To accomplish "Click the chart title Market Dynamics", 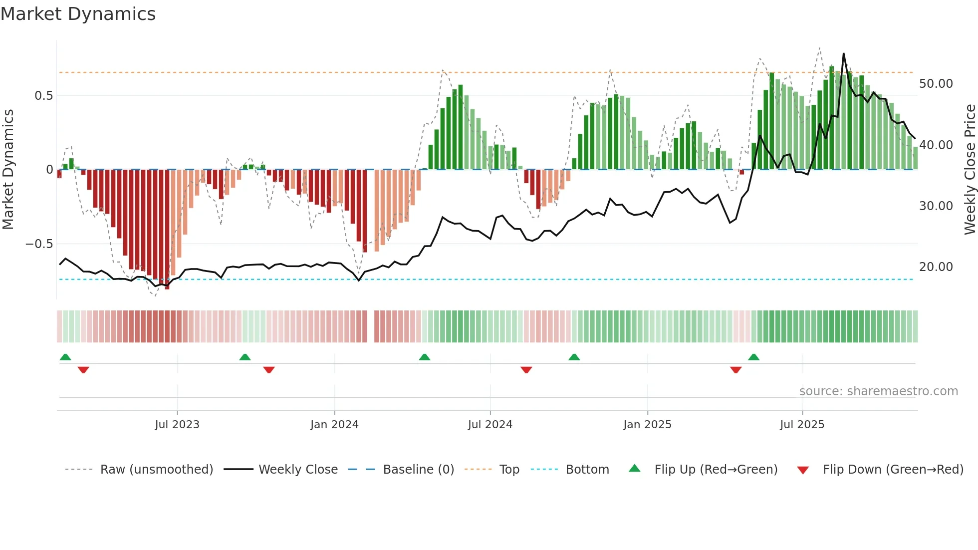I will tap(78, 14).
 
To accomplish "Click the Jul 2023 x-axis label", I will tap(177, 425).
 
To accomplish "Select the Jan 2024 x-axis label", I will tap(334, 425).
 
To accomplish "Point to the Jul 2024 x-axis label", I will tap(490, 425).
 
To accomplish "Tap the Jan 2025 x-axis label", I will tap(647, 425).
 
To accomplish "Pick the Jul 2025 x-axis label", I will tap(802, 425).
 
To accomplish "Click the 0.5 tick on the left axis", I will tap(43, 96).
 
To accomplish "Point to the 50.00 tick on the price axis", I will tap(936, 84).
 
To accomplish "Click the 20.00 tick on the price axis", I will tap(936, 267).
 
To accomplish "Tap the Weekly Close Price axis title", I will tap(970, 170).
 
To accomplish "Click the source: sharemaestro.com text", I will tap(879, 391).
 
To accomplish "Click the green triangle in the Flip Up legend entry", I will tap(634, 468).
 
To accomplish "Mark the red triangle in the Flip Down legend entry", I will tap(803, 470).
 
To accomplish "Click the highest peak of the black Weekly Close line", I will tap(844, 53).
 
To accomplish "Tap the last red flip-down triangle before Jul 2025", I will tap(735, 370).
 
